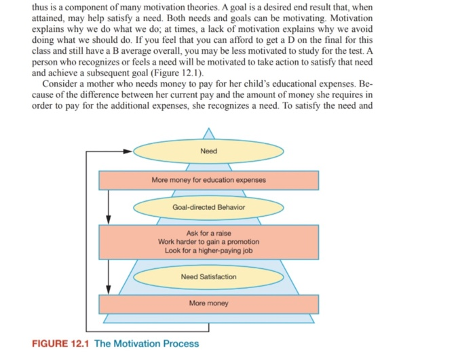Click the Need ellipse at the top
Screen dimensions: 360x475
[x=208, y=151]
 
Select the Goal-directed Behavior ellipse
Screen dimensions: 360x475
[x=208, y=206]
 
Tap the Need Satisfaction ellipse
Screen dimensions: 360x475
[x=208, y=276]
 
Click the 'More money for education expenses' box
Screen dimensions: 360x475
[x=208, y=180]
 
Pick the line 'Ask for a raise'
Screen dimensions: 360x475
[x=208, y=234]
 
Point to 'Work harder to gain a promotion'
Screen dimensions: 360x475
[x=208, y=242]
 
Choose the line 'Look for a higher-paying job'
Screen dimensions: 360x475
[x=208, y=250]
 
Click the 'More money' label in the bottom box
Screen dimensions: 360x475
[x=208, y=303]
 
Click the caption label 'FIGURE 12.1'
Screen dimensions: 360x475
[x=61, y=343]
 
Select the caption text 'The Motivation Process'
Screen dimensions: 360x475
[x=147, y=343]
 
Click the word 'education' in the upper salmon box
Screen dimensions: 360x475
[x=214, y=180]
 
